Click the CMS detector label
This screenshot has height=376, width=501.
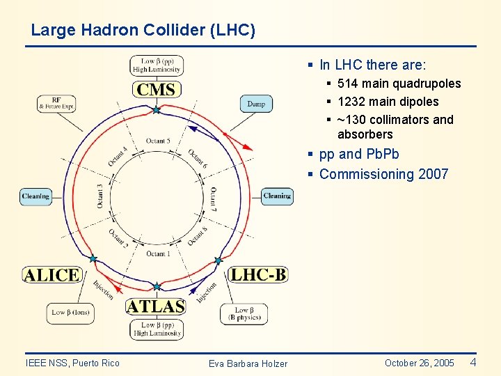point(157,89)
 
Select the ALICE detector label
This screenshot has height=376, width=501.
point(51,274)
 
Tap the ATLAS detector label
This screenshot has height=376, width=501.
point(156,306)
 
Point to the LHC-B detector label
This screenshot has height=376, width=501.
point(258,274)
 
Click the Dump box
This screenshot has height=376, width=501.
point(256,104)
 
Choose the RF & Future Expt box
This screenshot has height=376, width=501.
point(56,103)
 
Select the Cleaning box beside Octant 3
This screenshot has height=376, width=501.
point(35,196)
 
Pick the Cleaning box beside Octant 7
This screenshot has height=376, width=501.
point(277,196)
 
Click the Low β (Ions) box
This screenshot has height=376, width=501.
point(70,313)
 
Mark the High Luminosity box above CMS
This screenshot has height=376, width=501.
point(157,65)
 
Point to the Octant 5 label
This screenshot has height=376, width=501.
point(158,141)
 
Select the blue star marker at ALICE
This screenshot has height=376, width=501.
point(93,258)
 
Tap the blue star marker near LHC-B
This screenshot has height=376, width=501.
point(218,260)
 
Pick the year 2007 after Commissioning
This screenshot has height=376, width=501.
point(434,174)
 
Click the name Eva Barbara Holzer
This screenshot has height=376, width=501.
point(248,363)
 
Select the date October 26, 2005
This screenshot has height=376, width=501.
point(419,363)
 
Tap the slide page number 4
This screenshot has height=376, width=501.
point(473,362)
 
